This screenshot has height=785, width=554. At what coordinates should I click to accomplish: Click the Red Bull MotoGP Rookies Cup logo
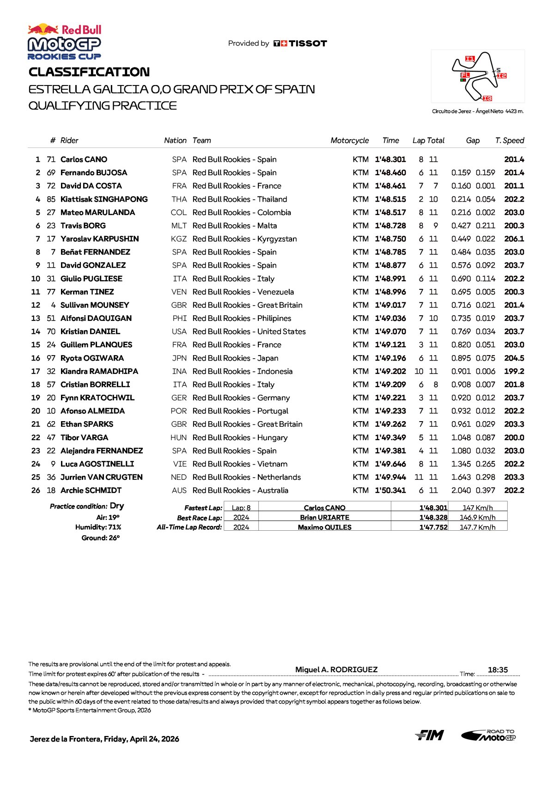click(x=64, y=42)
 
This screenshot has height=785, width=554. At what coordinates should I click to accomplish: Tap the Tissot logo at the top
click(x=300, y=43)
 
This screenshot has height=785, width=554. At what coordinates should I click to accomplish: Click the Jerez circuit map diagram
click(x=478, y=76)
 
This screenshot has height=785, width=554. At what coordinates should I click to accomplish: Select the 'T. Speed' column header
click(x=509, y=141)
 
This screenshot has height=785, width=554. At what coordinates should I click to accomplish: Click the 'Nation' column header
click(x=175, y=141)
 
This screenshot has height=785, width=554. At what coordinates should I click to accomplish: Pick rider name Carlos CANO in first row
click(x=84, y=159)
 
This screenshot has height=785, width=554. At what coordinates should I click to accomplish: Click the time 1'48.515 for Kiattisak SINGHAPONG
click(x=390, y=199)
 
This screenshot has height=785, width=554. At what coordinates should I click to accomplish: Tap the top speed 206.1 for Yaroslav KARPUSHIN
click(x=514, y=239)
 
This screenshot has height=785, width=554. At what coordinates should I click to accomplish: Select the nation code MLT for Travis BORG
click(x=178, y=226)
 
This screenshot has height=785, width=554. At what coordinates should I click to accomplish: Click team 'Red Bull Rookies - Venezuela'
click(x=243, y=292)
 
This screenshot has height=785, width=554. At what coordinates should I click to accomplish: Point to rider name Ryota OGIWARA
click(x=92, y=358)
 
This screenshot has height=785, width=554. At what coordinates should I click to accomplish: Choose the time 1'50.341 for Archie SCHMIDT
click(x=390, y=491)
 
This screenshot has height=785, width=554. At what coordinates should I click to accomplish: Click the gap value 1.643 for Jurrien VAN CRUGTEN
click(x=461, y=478)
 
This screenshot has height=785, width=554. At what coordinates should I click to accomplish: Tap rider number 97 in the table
click(x=51, y=358)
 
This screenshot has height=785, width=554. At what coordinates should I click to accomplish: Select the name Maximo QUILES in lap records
click(x=324, y=527)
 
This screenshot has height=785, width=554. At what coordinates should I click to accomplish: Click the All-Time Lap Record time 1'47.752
click(x=433, y=527)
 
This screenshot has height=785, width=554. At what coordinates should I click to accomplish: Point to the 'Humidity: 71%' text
click(x=98, y=527)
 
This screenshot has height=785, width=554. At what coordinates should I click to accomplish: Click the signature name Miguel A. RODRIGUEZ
click(x=336, y=670)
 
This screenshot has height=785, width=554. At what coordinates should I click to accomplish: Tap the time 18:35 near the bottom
click(x=498, y=670)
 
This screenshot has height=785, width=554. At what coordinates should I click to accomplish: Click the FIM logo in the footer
click(x=429, y=735)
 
